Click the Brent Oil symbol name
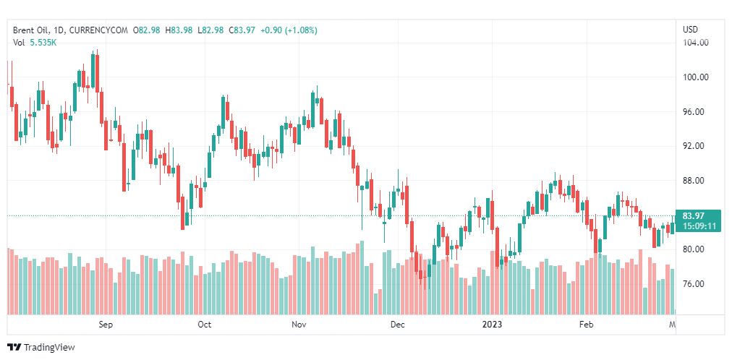coord(33,30)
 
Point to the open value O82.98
coord(149,30)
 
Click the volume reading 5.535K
coord(43,43)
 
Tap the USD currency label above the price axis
coord(690,29)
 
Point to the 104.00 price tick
coord(695,43)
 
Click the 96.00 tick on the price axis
coord(695,111)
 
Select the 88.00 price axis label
coord(695,180)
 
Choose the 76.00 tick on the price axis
coord(695,283)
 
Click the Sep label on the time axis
coord(106,325)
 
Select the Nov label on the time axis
coord(300,325)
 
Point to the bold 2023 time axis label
coord(492,325)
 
